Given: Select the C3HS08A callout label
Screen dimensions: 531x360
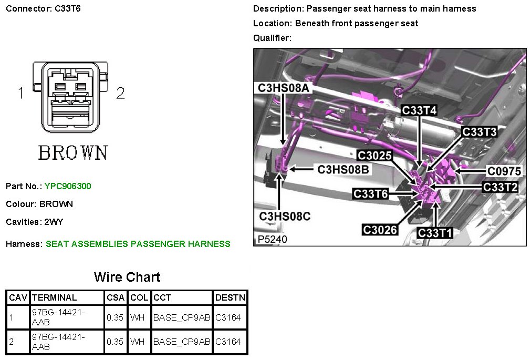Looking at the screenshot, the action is (284, 88).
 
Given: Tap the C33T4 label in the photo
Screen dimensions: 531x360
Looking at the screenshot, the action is (419, 110).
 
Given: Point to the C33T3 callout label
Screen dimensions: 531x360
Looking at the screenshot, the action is (479, 132).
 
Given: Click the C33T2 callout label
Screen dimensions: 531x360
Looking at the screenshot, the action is (501, 187).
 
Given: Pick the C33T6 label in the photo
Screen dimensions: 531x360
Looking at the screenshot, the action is (371, 194).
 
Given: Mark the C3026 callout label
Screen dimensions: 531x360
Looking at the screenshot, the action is (380, 230).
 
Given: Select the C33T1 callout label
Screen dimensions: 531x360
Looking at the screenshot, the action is (435, 232).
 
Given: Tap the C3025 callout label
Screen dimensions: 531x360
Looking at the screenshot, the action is (374, 156).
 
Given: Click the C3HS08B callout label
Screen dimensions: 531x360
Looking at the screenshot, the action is (343, 169).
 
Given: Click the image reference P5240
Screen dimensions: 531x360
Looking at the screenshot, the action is (273, 239).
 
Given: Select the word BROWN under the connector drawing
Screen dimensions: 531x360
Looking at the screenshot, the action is (73, 152).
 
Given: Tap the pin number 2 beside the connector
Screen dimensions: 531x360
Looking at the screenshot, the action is (120, 94).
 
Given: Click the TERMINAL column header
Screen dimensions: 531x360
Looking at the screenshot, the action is (54, 297).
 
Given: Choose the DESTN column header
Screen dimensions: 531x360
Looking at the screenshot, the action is (230, 297).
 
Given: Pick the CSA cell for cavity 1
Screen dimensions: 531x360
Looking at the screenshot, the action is (115, 317).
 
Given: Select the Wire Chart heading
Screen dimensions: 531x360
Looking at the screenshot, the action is (127, 277).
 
